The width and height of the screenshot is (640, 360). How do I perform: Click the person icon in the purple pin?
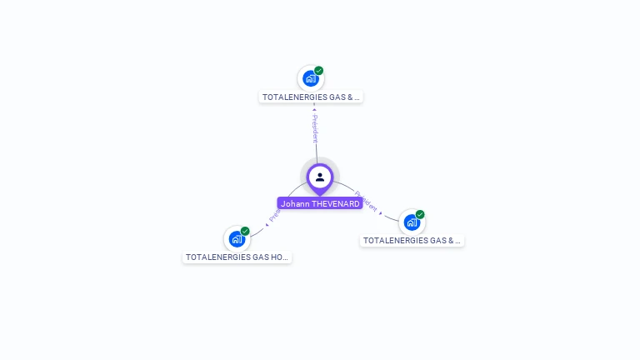pos(320,177)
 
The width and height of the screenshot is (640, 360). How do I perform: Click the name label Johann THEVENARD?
pos(320,203)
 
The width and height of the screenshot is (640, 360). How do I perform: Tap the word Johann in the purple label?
pos(295,203)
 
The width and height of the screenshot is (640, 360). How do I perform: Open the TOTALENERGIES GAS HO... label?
pos(237,257)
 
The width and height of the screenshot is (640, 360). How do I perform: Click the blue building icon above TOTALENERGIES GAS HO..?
pos(237,240)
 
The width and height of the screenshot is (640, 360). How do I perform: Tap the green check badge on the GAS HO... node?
pos(245,231)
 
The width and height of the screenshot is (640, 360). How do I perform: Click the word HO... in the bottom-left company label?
pos(278,257)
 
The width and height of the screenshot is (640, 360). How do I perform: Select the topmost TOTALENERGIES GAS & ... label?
pos(311,97)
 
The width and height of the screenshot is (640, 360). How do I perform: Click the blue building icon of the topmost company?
pos(311,79)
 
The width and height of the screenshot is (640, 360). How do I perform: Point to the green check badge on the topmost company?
pos(319,71)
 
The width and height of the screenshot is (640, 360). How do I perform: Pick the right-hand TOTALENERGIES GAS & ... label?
pos(412,241)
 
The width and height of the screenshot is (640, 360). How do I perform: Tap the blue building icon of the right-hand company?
pos(412,222)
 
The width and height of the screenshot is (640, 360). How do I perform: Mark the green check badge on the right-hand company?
pos(420,214)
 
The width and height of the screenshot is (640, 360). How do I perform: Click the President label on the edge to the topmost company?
pos(315,129)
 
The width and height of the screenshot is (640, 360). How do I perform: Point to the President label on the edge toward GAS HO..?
pos(274,214)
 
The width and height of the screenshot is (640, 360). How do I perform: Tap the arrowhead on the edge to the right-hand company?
pos(382,213)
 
